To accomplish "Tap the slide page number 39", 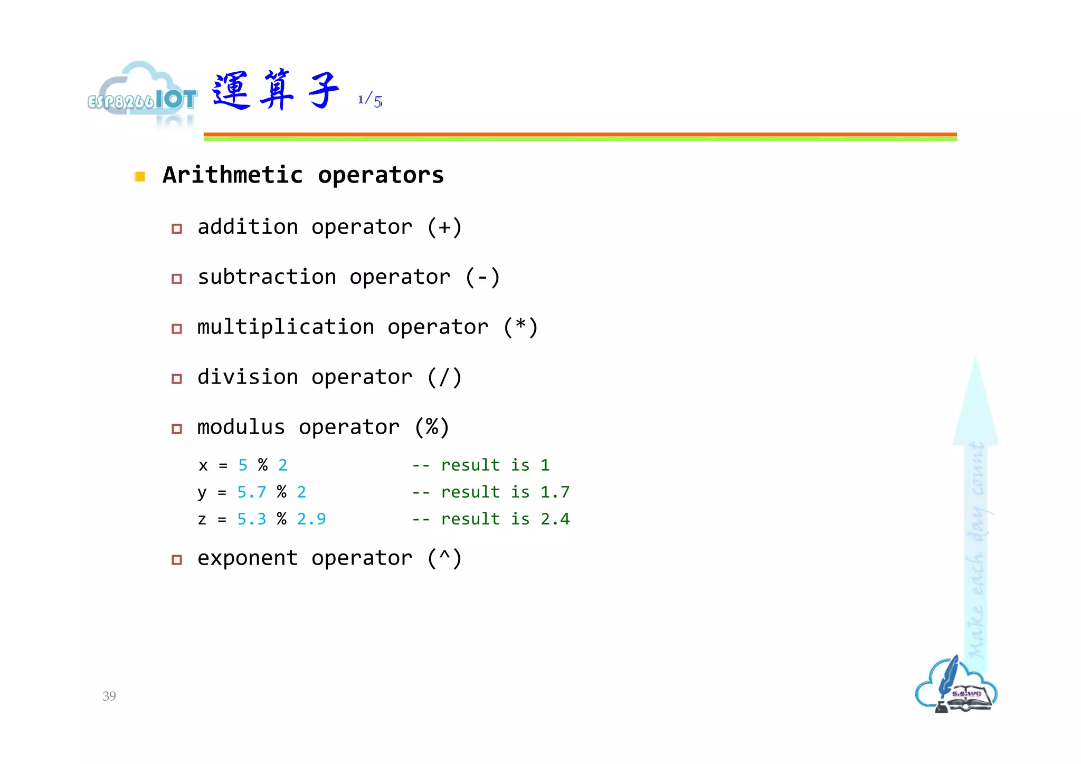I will click(109, 696).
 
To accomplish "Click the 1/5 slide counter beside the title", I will click(370, 100).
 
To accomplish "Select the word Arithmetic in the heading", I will click(233, 175).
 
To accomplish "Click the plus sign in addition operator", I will click(444, 227).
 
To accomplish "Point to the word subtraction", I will click(267, 277).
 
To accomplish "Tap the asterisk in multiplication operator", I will click(520, 326).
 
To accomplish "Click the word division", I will click(248, 377).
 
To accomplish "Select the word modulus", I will click(241, 427).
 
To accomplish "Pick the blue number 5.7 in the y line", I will click(252, 492).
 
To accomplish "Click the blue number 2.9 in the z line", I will click(311, 519).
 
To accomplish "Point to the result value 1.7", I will click(555, 492).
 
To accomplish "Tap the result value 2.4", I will click(555, 519).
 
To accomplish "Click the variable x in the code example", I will click(203, 465).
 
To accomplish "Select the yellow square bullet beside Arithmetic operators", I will click(140, 176).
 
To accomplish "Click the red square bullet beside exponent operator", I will click(177, 560).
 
